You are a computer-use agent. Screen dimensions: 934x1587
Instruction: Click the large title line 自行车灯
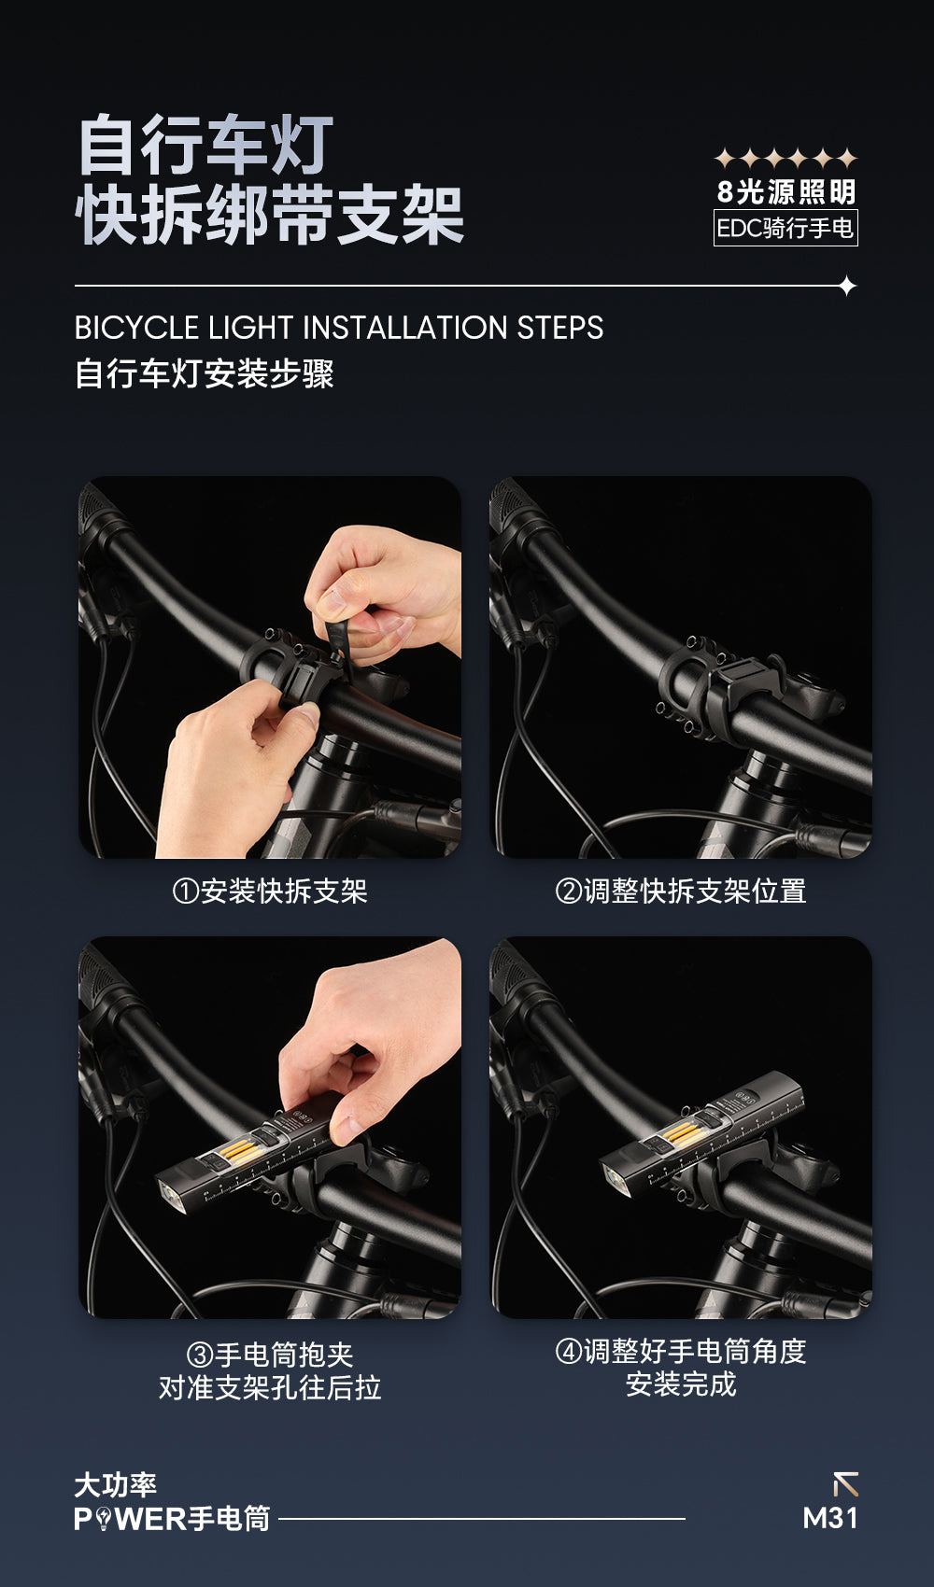point(205,145)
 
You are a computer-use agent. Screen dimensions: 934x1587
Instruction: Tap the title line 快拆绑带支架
point(269,215)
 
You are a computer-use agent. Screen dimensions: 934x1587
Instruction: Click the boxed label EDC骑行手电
point(785,228)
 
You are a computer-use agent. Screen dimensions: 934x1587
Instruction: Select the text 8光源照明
point(785,191)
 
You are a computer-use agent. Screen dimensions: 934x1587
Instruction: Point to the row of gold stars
point(785,158)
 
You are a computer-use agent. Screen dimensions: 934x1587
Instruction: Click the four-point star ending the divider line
point(847,287)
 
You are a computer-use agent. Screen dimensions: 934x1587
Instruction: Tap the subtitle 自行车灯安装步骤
point(205,373)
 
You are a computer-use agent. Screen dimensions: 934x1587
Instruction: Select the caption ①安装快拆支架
point(270,892)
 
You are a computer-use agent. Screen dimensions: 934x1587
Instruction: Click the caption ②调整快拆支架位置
point(680,892)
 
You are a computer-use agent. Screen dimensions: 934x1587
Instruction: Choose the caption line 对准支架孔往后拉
point(270,1388)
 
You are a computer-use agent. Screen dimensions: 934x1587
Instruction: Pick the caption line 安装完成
point(680,1383)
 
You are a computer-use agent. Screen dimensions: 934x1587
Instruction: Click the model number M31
point(829,1518)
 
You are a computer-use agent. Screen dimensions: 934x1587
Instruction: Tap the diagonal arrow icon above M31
point(845,1483)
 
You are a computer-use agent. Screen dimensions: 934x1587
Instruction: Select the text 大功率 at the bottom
point(116,1485)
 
